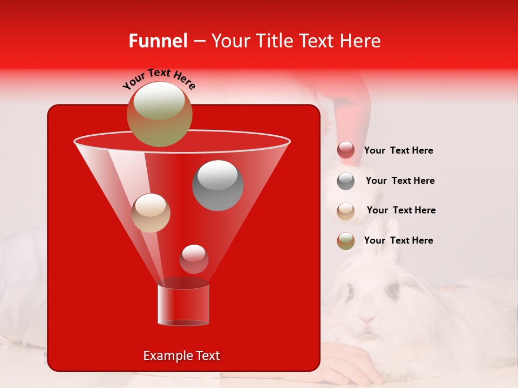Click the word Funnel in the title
coord(158,41)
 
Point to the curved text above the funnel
coord(159,79)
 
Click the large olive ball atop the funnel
coord(159,114)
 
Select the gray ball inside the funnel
coord(217,185)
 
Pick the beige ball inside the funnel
coord(151,213)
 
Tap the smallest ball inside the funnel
coord(194,259)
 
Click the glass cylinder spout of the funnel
coord(183,304)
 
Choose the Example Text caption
coord(181,356)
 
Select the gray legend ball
coord(346,181)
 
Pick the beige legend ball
coord(346,211)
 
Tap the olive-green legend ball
coord(346,241)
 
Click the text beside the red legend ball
coord(398,151)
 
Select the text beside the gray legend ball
coord(400,181)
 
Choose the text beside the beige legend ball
coord(401,210)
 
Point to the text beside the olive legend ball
coord(398,240)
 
